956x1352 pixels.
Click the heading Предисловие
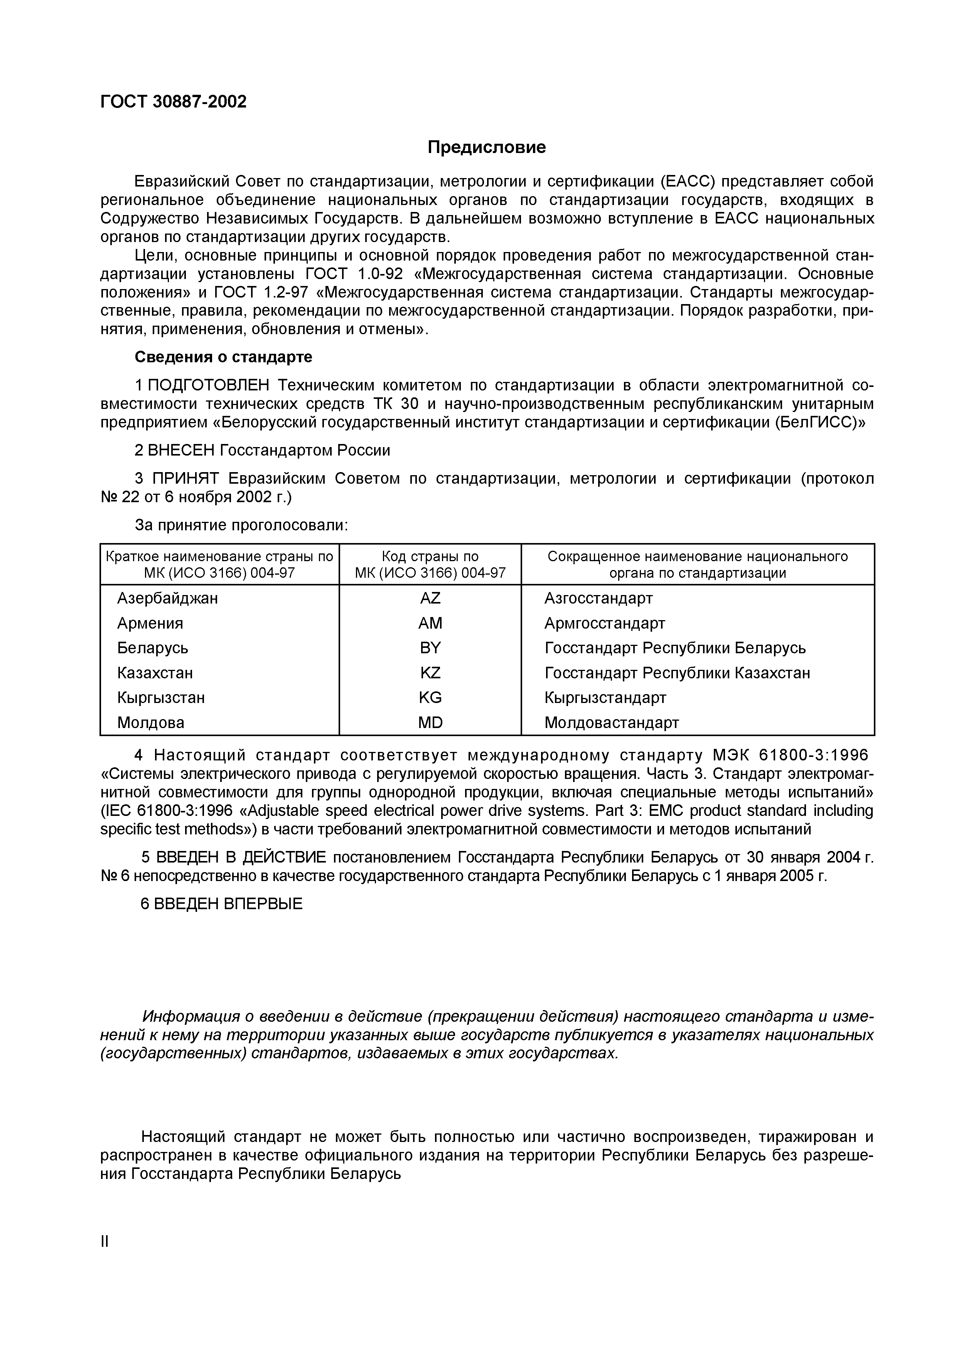487,147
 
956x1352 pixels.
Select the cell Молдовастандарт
611,723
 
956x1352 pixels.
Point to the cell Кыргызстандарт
605,698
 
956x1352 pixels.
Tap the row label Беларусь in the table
153,648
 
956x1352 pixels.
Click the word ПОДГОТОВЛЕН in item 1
209,386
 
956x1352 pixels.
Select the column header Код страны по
430,557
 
